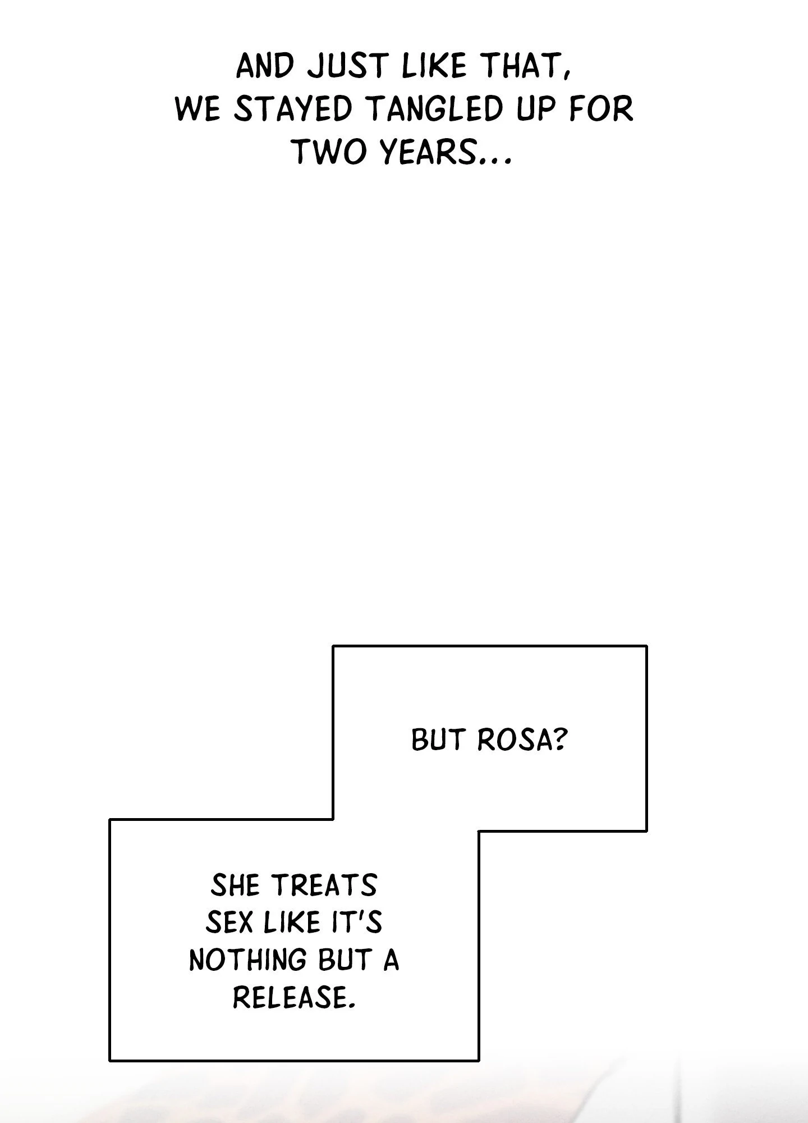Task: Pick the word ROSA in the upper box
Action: tap(513, 740)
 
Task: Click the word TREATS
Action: tap(325, 886)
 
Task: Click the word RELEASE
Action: tap(293, 997)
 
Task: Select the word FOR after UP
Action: tap(601, 109)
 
